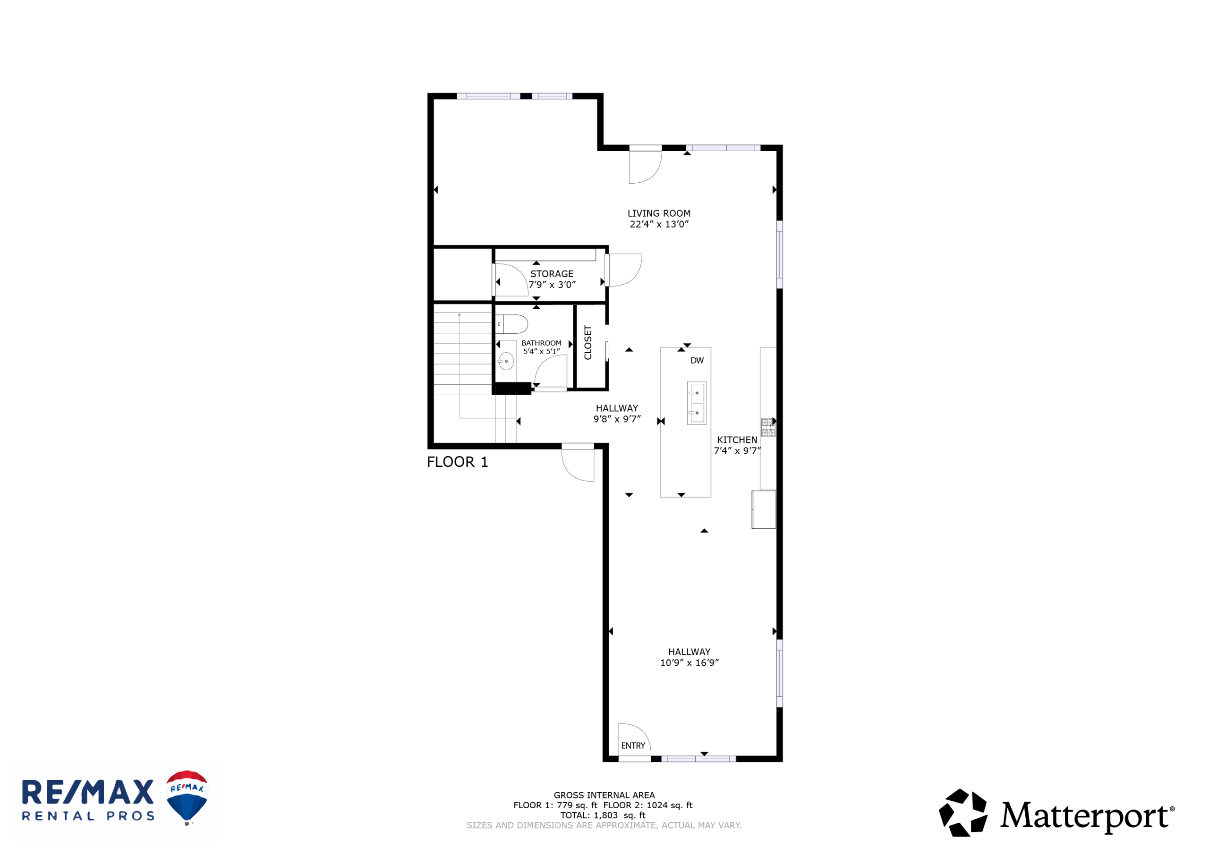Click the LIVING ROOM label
[659, 213]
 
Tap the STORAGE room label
[552, 274]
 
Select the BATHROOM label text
[541, 343]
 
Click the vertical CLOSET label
[588, 343]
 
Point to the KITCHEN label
[737, 440]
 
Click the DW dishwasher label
[697, 361]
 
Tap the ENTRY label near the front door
[633, 745]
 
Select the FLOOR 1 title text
[457, 462]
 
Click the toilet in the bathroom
[512, 324]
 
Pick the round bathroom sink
[506, 361]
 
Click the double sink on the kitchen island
[697, 403]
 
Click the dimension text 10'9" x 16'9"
[690, 663]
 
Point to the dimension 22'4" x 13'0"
[659, 224]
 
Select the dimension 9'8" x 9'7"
[617, 419]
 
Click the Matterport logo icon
[963, 813]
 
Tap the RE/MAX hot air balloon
[187, 797]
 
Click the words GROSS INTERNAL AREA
[604, 795]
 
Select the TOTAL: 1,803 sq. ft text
[603, 815]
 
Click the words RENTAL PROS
[88, 816]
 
